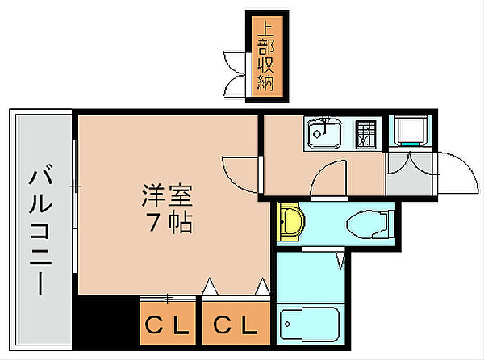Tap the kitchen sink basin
325,133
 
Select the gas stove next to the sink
367,132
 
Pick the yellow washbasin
290,220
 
